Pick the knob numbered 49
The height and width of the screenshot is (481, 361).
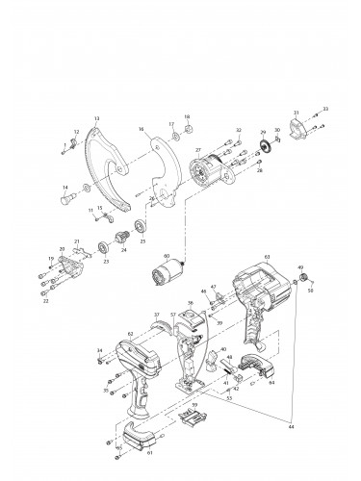[x=300, y=280]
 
